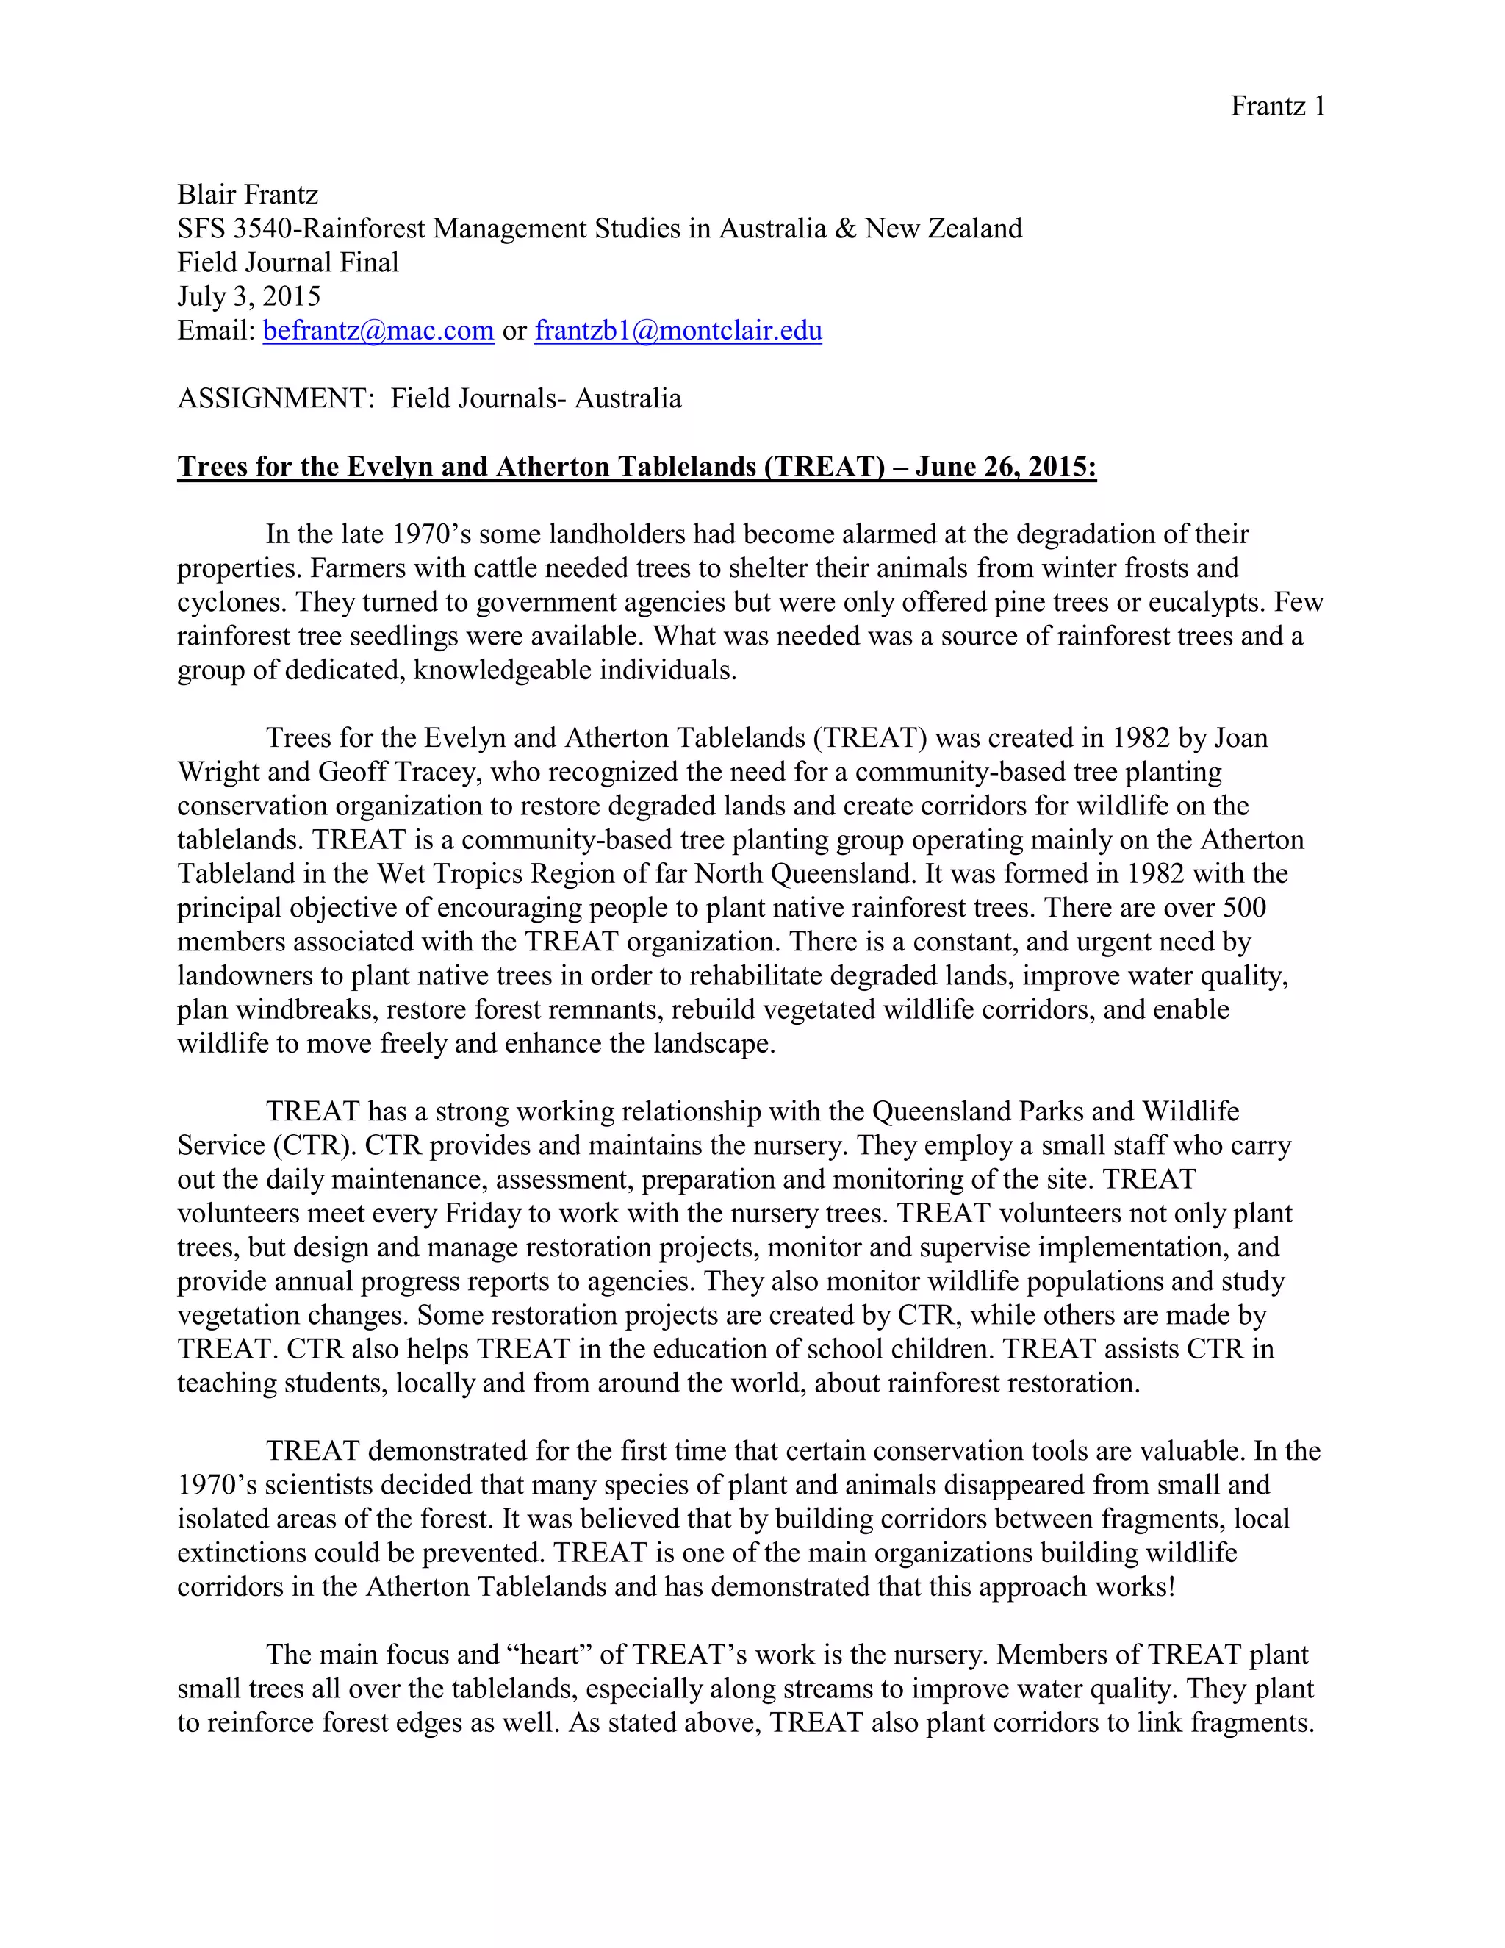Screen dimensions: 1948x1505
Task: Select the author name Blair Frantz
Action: click(247, 195)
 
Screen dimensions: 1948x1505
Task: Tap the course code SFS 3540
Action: click(234, 229)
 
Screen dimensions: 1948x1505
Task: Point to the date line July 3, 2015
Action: click(249, 296)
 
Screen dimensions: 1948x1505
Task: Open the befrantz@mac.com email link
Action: click(378, 331)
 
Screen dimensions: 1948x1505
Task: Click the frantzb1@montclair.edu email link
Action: click(678, 331)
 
